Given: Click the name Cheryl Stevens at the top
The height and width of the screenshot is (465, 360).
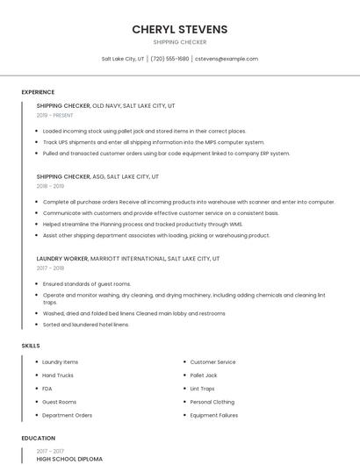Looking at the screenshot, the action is [179, 29].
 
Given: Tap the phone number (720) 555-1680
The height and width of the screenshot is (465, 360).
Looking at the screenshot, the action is [169, 59].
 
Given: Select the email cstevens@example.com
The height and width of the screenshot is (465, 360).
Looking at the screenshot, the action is [227, 59].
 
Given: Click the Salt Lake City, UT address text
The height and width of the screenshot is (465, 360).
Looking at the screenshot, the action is [123, 59].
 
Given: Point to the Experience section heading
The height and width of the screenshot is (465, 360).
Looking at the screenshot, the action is [38, 92].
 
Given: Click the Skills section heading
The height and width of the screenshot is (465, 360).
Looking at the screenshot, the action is [31, 346].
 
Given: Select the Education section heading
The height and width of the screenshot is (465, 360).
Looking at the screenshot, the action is [39, 438].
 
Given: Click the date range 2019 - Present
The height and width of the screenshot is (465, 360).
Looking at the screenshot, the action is [55, 115].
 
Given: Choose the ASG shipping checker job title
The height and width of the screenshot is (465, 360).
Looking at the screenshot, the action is [97, 176].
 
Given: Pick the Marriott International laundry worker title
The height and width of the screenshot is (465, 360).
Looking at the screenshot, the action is [128, 259].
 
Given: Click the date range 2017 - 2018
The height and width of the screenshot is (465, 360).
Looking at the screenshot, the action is [50, 268].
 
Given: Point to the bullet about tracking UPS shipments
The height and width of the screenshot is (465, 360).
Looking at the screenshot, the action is [153, 142].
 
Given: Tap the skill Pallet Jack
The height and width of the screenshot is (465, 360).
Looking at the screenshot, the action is [204, 375].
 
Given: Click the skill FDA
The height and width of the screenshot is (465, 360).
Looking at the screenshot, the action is [47, 389].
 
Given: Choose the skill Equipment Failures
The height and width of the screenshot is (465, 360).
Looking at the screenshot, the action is [214, 415].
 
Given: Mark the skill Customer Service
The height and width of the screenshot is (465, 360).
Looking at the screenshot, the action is [212, 361].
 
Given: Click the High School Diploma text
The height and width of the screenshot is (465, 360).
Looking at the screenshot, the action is [69, 459].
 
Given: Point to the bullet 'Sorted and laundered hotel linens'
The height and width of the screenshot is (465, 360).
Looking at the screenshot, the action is [86, 325].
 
